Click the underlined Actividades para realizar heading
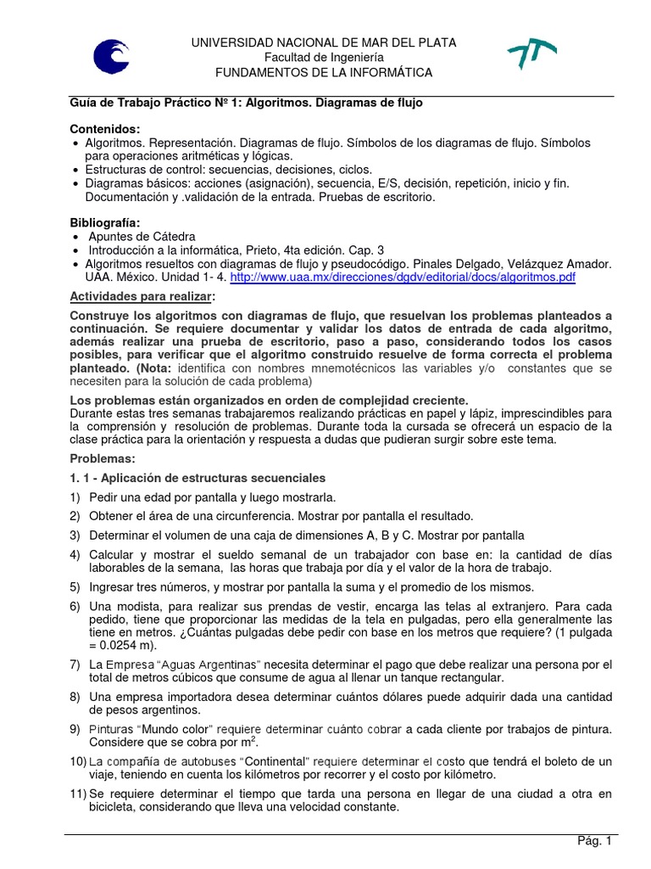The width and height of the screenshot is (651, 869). tap(142, 296)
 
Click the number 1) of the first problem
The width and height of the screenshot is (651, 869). tap(75, 496)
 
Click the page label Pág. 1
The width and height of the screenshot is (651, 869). tap(593, 841)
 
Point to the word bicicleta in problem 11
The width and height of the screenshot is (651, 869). tap(97, 807)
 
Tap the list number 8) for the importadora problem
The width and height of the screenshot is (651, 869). tap(75, 697)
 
